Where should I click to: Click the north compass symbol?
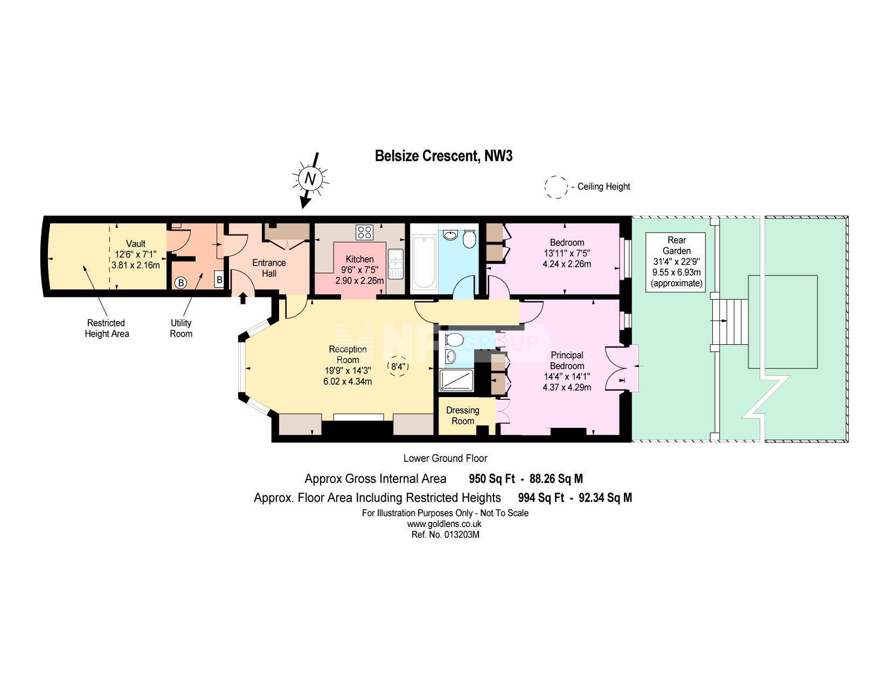[310, 179]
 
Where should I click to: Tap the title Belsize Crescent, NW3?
[443, 156]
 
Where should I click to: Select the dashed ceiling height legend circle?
[556, 187]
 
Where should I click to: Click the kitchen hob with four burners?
[364, 232]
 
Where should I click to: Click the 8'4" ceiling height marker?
[398, 366]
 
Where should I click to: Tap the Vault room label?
[135, 244]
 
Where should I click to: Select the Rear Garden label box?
[676, 262]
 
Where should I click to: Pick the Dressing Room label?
[463, 415]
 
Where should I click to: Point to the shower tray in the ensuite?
[456, 380]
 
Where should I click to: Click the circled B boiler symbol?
[181, 283]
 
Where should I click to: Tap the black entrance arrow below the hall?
[242, 298]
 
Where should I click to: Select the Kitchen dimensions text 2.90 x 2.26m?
[359, 281]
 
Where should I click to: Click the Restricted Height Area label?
[106, 328]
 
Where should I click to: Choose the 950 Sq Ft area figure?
[492, 478]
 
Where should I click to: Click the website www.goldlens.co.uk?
[444, 524]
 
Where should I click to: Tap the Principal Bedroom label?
[567, 360]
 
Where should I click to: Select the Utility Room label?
[181, 328]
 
